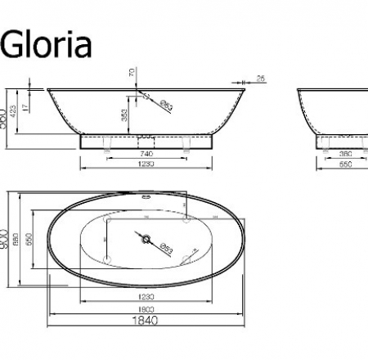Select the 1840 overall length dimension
(147, 321)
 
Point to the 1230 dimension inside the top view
(146, 295)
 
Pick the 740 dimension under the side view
(146, 153)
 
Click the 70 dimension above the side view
(132, 74)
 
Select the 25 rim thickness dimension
(260, 79)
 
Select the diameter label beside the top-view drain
(166, 247)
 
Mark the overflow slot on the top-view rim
(148, 196)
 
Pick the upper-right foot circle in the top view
(187, 219)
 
